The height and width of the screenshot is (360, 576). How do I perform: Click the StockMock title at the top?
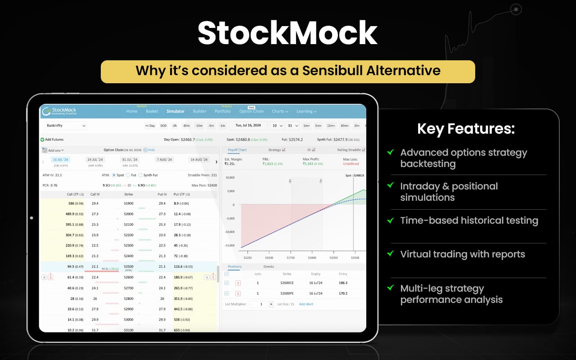pyautogui.click(x=288, y=33)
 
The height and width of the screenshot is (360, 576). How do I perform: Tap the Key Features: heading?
pyautogui.click(x=466, y=129)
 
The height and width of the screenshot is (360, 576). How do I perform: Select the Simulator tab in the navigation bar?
pyautogui.click(x=175, y=112)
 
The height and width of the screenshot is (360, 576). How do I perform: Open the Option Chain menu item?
pyautogui.click(x=251, y=112)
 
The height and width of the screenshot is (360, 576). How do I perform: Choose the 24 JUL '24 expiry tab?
pyautogui.click(x=95, y=160)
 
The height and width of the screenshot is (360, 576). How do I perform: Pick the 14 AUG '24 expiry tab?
pyautogui.click(x=199, y=160)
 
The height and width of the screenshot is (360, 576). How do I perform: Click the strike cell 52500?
pyautogui.click(x=128, y=266)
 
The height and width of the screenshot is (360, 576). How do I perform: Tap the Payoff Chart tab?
pyautogui.click(x=237, y=150)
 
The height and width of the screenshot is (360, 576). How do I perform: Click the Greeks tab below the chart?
pyautogui.click(x=268, y=267)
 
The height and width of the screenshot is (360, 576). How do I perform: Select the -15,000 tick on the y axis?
pyautogui.click(x=229, y=246)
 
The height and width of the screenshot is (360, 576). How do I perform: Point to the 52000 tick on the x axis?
pyautogui.click(x=312, y=258)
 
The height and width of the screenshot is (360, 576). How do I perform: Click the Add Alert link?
pyautogui.click(x=306, y=304)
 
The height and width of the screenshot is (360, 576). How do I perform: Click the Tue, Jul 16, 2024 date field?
pyautogui.click(x=248, y=126)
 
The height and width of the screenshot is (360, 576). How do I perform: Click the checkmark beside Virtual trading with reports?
pyautogui.click(x=390, y=253)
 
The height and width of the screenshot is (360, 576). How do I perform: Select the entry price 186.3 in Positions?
pyautogui.click(x=343, y=283)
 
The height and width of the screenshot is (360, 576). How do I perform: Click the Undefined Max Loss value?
pyautogui.click(x=351, y=164)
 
